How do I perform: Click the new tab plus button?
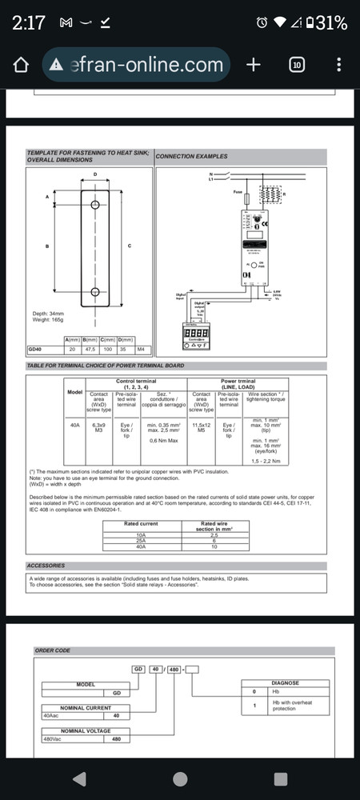click(x=254, y=65)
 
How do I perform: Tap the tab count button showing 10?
click(x=296, y=65)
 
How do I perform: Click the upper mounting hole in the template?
click(x=95, y=206)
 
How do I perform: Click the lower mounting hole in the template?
click(x=95, y=291)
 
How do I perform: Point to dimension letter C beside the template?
click(x=130, y=246)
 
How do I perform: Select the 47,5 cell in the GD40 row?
click(x=92, y=350)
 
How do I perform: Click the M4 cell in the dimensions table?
click(x=141, y=350)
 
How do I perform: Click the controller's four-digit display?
click(x=197, y=332)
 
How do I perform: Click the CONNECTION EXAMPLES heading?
click(x=191, y=156)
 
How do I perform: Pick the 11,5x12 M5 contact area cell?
click(x=202, y=428)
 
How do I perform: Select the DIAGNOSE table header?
click(x=285, y=683)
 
